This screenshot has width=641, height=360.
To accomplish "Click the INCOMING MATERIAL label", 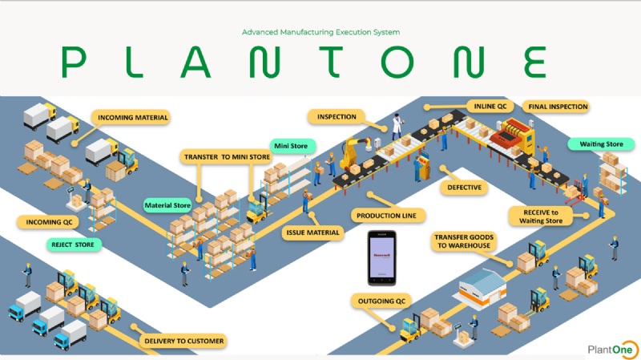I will (x=133, y=118).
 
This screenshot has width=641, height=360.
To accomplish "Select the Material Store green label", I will (x=167, y=205).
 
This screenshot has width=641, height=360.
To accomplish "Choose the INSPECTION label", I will (x=337, y=117).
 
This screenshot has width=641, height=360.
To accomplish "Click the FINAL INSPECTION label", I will (x=557, y=106).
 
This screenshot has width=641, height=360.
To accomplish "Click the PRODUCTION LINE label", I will (x=389, y=216).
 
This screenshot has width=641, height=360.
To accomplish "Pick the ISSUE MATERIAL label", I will (x=313, y=233).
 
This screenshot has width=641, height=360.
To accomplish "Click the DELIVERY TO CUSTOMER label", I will (x=183, y=342).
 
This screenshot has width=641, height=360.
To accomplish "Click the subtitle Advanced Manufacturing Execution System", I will (x=320, y=32).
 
